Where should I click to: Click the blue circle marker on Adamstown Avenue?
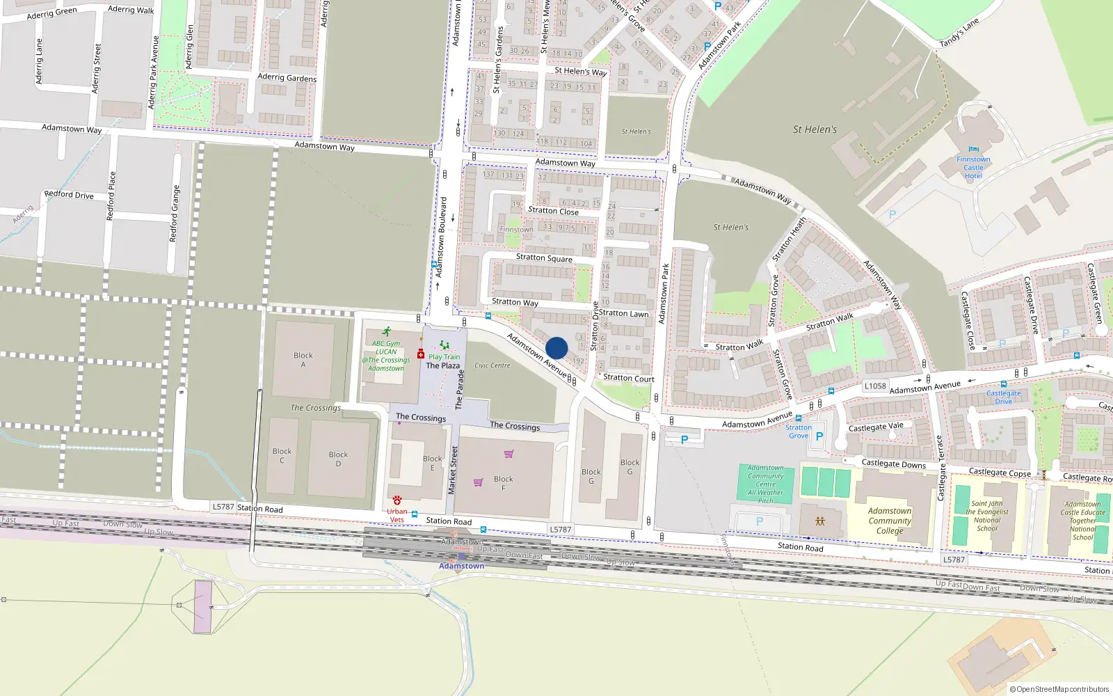point(556,348)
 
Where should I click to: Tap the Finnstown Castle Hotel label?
point(973,168)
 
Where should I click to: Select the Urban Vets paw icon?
point(397,500)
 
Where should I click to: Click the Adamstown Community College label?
point(890,521)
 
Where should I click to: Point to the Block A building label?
point(303,360)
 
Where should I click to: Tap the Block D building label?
point(338,459)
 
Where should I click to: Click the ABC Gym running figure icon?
point(387,332)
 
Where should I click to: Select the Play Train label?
point(444,357)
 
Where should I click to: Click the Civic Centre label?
point(493,365)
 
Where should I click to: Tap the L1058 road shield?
point(875,386)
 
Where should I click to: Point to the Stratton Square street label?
point(544,258)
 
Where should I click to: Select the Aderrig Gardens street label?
point(287,77)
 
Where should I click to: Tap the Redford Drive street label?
point(69,195)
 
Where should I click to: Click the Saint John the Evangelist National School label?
point(987,516)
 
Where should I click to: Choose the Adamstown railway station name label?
point(461,566)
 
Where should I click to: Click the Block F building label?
point(504,484)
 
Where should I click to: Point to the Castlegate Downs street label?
point(894,464)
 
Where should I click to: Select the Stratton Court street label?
point(629,378)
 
